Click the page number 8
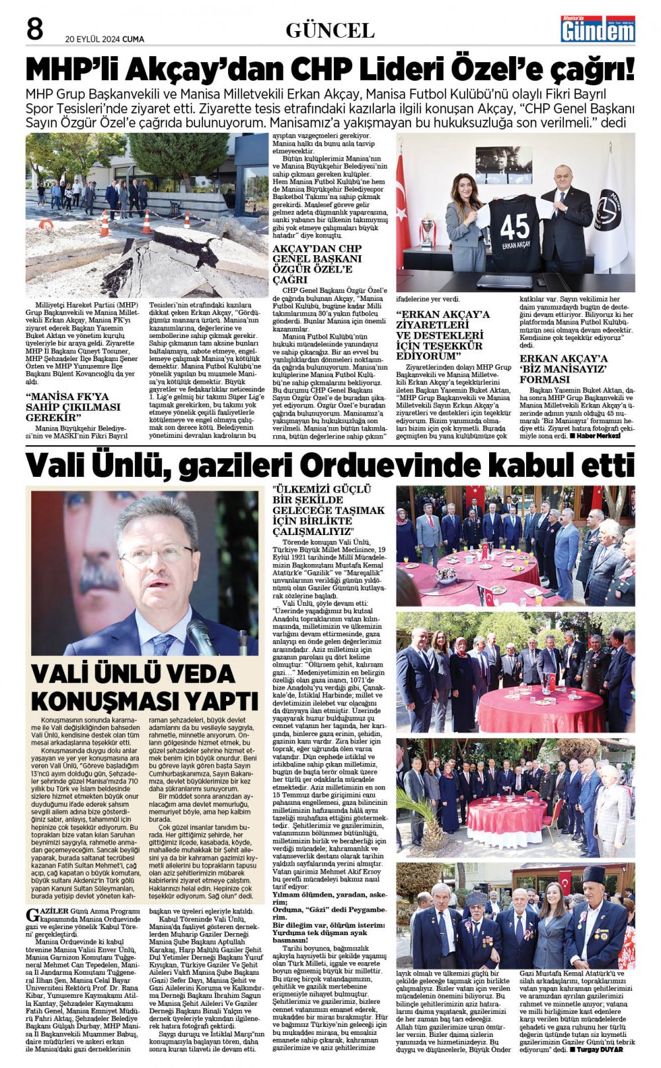(34, 29)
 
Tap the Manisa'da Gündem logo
(597, 29)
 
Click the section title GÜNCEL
(329, 30)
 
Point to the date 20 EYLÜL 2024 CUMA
(104, 39)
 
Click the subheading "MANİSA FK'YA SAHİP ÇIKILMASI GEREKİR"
(73, 407)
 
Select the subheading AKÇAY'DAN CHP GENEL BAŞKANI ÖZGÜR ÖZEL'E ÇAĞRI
(317, 265)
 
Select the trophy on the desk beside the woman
(428, 231)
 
